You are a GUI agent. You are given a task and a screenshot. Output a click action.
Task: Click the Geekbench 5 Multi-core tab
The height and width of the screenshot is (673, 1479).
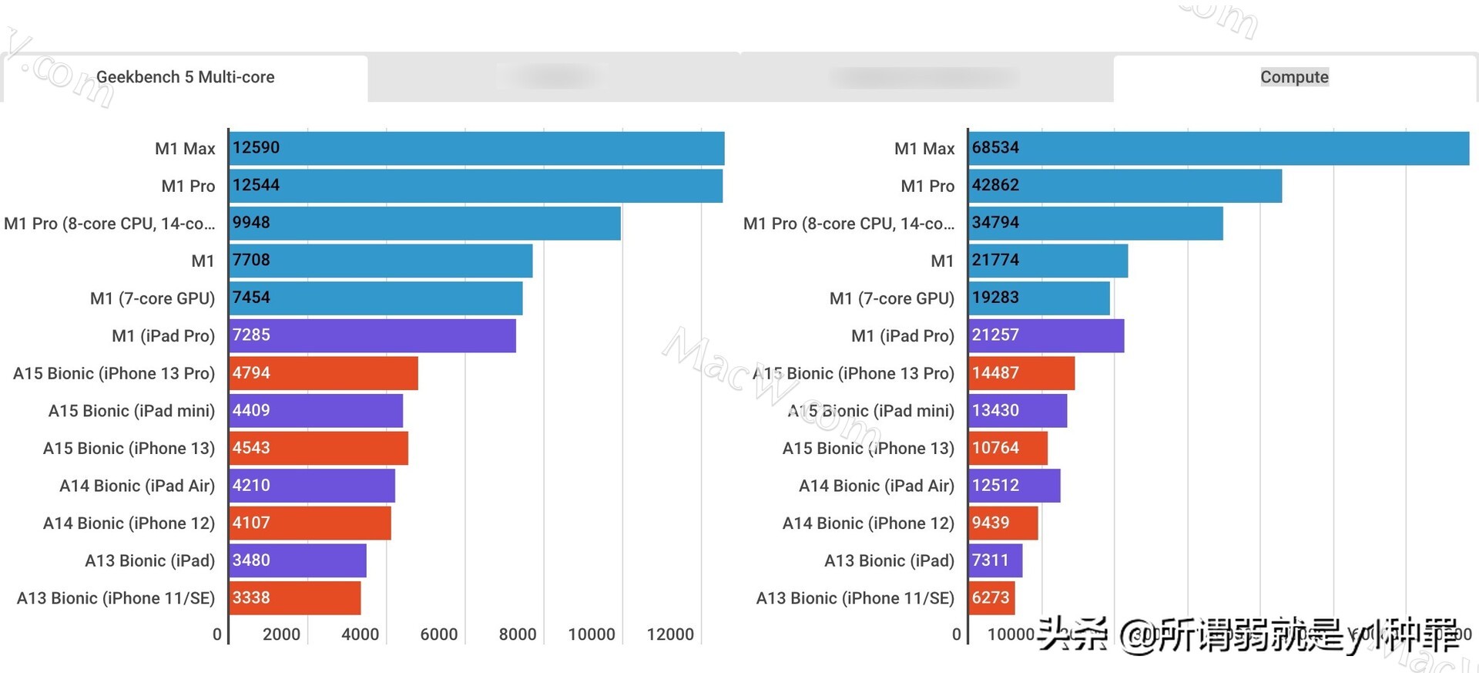pyautogui.click(x=185, y=77)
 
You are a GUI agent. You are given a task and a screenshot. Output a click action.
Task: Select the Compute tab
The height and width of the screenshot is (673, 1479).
pyautogui.click(x=1294, y=77)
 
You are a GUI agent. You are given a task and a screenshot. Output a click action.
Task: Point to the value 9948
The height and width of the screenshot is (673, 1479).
pyautogui.click(x=251, y=223)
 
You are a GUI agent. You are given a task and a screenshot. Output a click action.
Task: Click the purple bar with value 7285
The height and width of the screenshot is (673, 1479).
pyautogui.click(x=373, y=335)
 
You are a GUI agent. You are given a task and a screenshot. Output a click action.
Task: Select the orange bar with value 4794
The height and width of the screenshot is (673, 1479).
pyautogui.click(x=324, y=373)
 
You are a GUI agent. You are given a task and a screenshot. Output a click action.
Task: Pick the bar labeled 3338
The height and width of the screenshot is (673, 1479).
pyautogui.click(x=295, y=598)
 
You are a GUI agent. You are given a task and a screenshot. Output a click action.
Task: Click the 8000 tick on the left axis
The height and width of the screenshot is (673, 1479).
pyautogui.click(x=517, y=634)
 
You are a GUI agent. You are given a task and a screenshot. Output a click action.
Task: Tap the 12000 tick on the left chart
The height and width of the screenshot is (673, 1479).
pyautogui.click(x=670, y=634)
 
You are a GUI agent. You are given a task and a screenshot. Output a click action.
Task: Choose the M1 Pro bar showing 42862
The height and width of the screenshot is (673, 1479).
pyautogui.click(x=1125, y=186)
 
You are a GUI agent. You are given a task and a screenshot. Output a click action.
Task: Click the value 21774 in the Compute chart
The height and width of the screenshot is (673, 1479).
pyautogui.click(x=995, y=261)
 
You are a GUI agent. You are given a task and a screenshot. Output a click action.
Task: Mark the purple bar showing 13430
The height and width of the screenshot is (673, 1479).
pyautogui.click(x=1018, y=411)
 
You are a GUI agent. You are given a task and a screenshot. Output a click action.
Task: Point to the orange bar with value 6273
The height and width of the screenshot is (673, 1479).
pyautogui.click(x=991, y=598)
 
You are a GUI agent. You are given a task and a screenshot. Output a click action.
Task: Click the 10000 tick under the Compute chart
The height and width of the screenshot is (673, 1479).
pyautogui.click(x=1011, y=634)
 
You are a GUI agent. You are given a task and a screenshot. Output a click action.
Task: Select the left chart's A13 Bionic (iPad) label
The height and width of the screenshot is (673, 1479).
pyautogui.click(x=149, y=560)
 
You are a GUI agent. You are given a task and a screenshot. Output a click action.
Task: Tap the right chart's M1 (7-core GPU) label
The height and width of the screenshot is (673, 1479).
pyautogui.click(x=891, y=298)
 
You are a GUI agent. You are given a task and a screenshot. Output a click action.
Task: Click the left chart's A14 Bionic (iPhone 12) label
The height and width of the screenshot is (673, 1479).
pyautogui.click(x=129, y=523)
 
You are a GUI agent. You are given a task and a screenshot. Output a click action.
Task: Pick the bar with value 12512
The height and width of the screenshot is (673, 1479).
pyautogui.click(x=1015, y=486)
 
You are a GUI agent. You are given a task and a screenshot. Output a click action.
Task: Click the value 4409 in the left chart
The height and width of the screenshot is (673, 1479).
pyautogui.click(x=251, y=411)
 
